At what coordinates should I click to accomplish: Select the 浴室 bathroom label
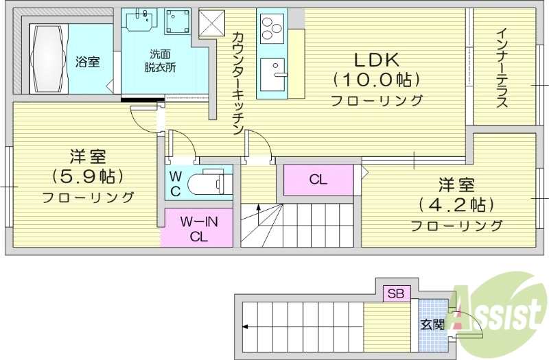pos(87,62)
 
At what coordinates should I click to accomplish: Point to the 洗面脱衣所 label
pos(160,61)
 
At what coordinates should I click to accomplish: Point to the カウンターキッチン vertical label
pos(237,84)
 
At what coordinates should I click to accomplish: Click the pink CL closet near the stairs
pos(318,180)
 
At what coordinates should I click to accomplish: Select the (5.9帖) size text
pos(88,176)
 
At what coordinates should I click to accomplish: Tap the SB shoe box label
pos(396,293)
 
